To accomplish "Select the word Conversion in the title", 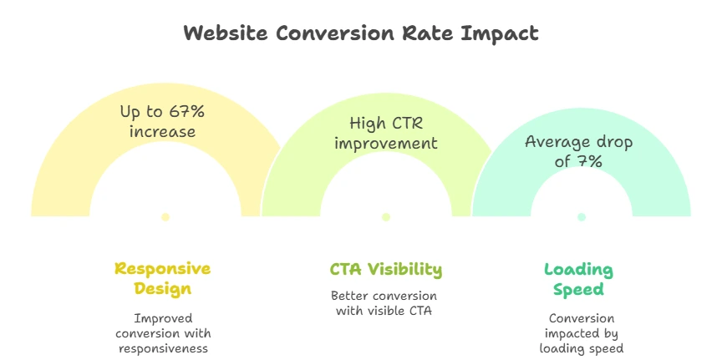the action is (336, 33).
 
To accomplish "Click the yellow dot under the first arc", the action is (165, 217).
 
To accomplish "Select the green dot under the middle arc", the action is (386, 217).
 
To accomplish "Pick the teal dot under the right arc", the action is (582, 217).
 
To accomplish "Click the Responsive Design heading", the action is (163, 278).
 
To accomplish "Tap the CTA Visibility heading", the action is (386, 269).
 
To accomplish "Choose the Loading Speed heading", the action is (579, 280).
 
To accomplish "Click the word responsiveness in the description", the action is (164, 348).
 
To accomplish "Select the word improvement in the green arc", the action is (386, 143).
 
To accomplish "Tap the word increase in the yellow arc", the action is (163, 132).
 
